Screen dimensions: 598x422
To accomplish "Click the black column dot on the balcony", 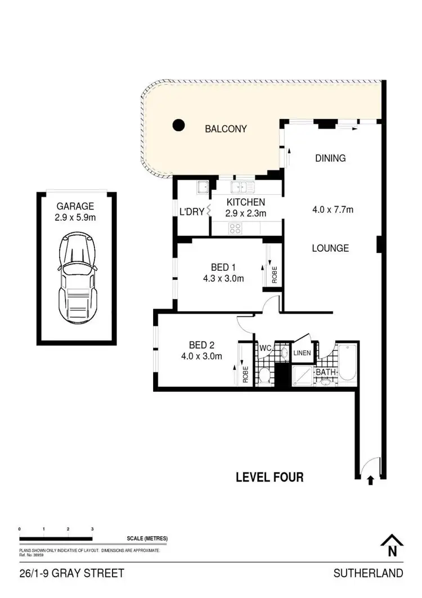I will click(x=178, y=125).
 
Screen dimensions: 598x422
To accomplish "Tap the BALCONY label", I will click(x=226, y=129).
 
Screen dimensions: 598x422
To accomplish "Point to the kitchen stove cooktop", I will click(x=235, y=228).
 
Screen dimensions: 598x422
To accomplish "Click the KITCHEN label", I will click(x=245, y=202).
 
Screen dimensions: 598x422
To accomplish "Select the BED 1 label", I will click(x=216, y=267).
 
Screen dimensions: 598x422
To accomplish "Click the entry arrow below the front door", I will click(x=370, y=480).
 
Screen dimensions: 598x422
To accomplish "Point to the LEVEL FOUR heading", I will click(x=270, y=477).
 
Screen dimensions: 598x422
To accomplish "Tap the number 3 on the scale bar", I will click(x=92, y=529).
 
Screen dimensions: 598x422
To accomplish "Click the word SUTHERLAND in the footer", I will click(x=368, y=574).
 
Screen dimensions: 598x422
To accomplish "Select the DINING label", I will click(x=330, y=158).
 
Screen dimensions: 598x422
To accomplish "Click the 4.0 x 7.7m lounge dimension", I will click(x=333, y=210).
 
